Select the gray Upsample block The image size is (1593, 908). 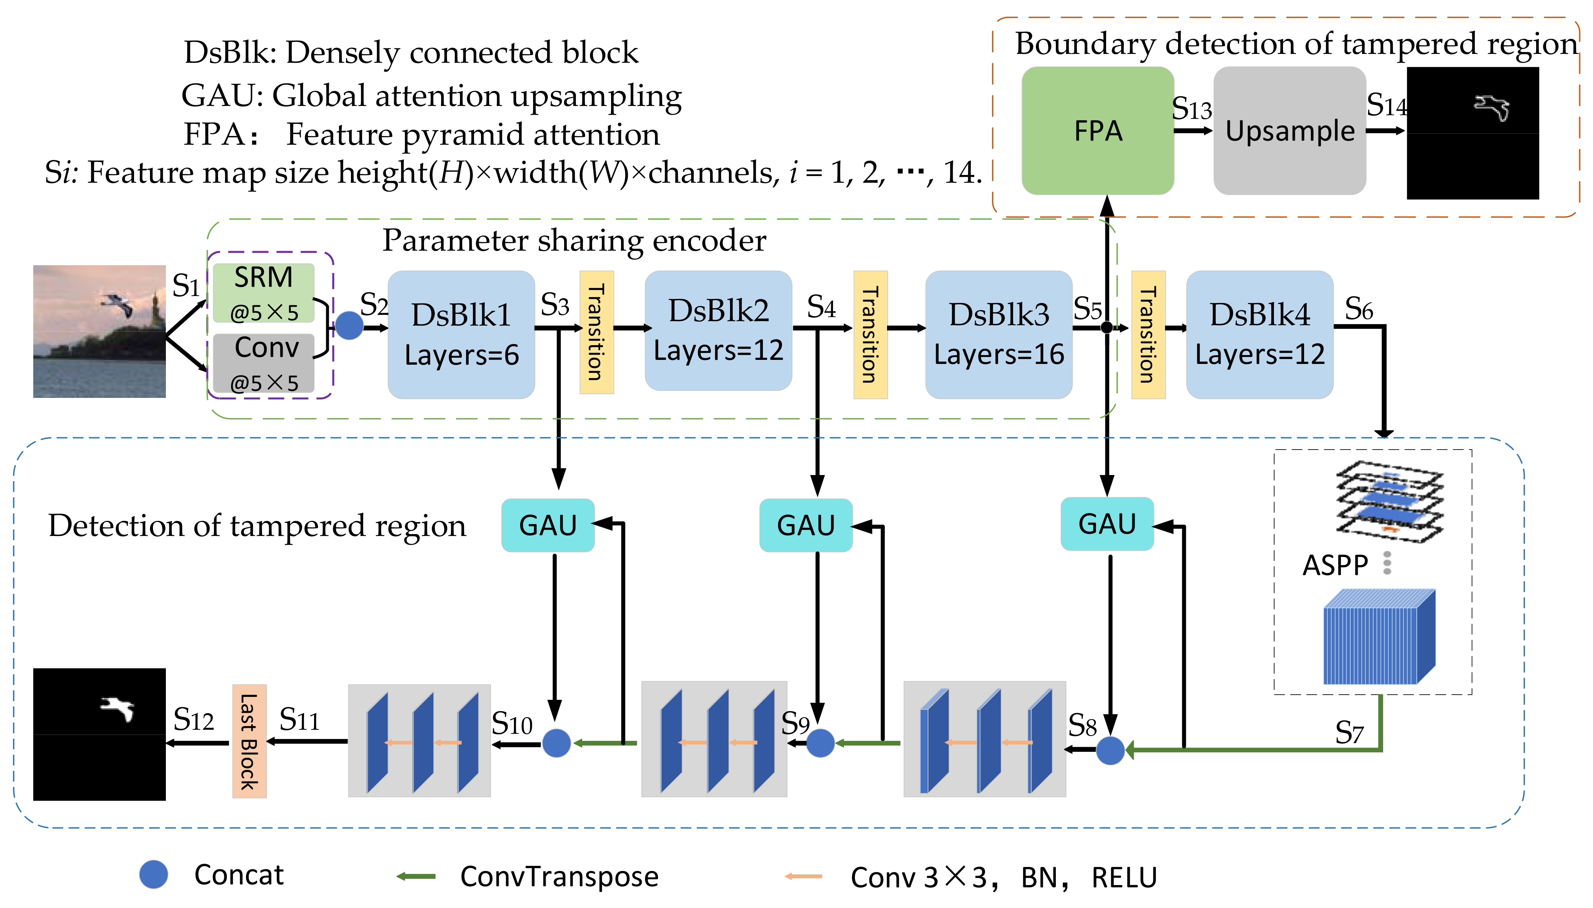[x=1289, y=131]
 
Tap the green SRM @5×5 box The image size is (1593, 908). [x=263, y=292]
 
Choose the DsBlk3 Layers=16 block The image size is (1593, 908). [x=998, y=334]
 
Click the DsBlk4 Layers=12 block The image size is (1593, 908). [x=1259, y=334]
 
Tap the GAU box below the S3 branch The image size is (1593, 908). [x=548, y=525]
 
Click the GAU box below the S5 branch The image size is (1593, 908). [x=1107, y=524]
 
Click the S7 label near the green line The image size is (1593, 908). [x=1349, y=732]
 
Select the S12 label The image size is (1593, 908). [x=194, y=720]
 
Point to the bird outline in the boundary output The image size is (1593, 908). [x=1492, y=107]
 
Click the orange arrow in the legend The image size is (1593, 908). [x=803, y=876]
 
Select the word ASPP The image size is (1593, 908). [x=1335, y=565]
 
